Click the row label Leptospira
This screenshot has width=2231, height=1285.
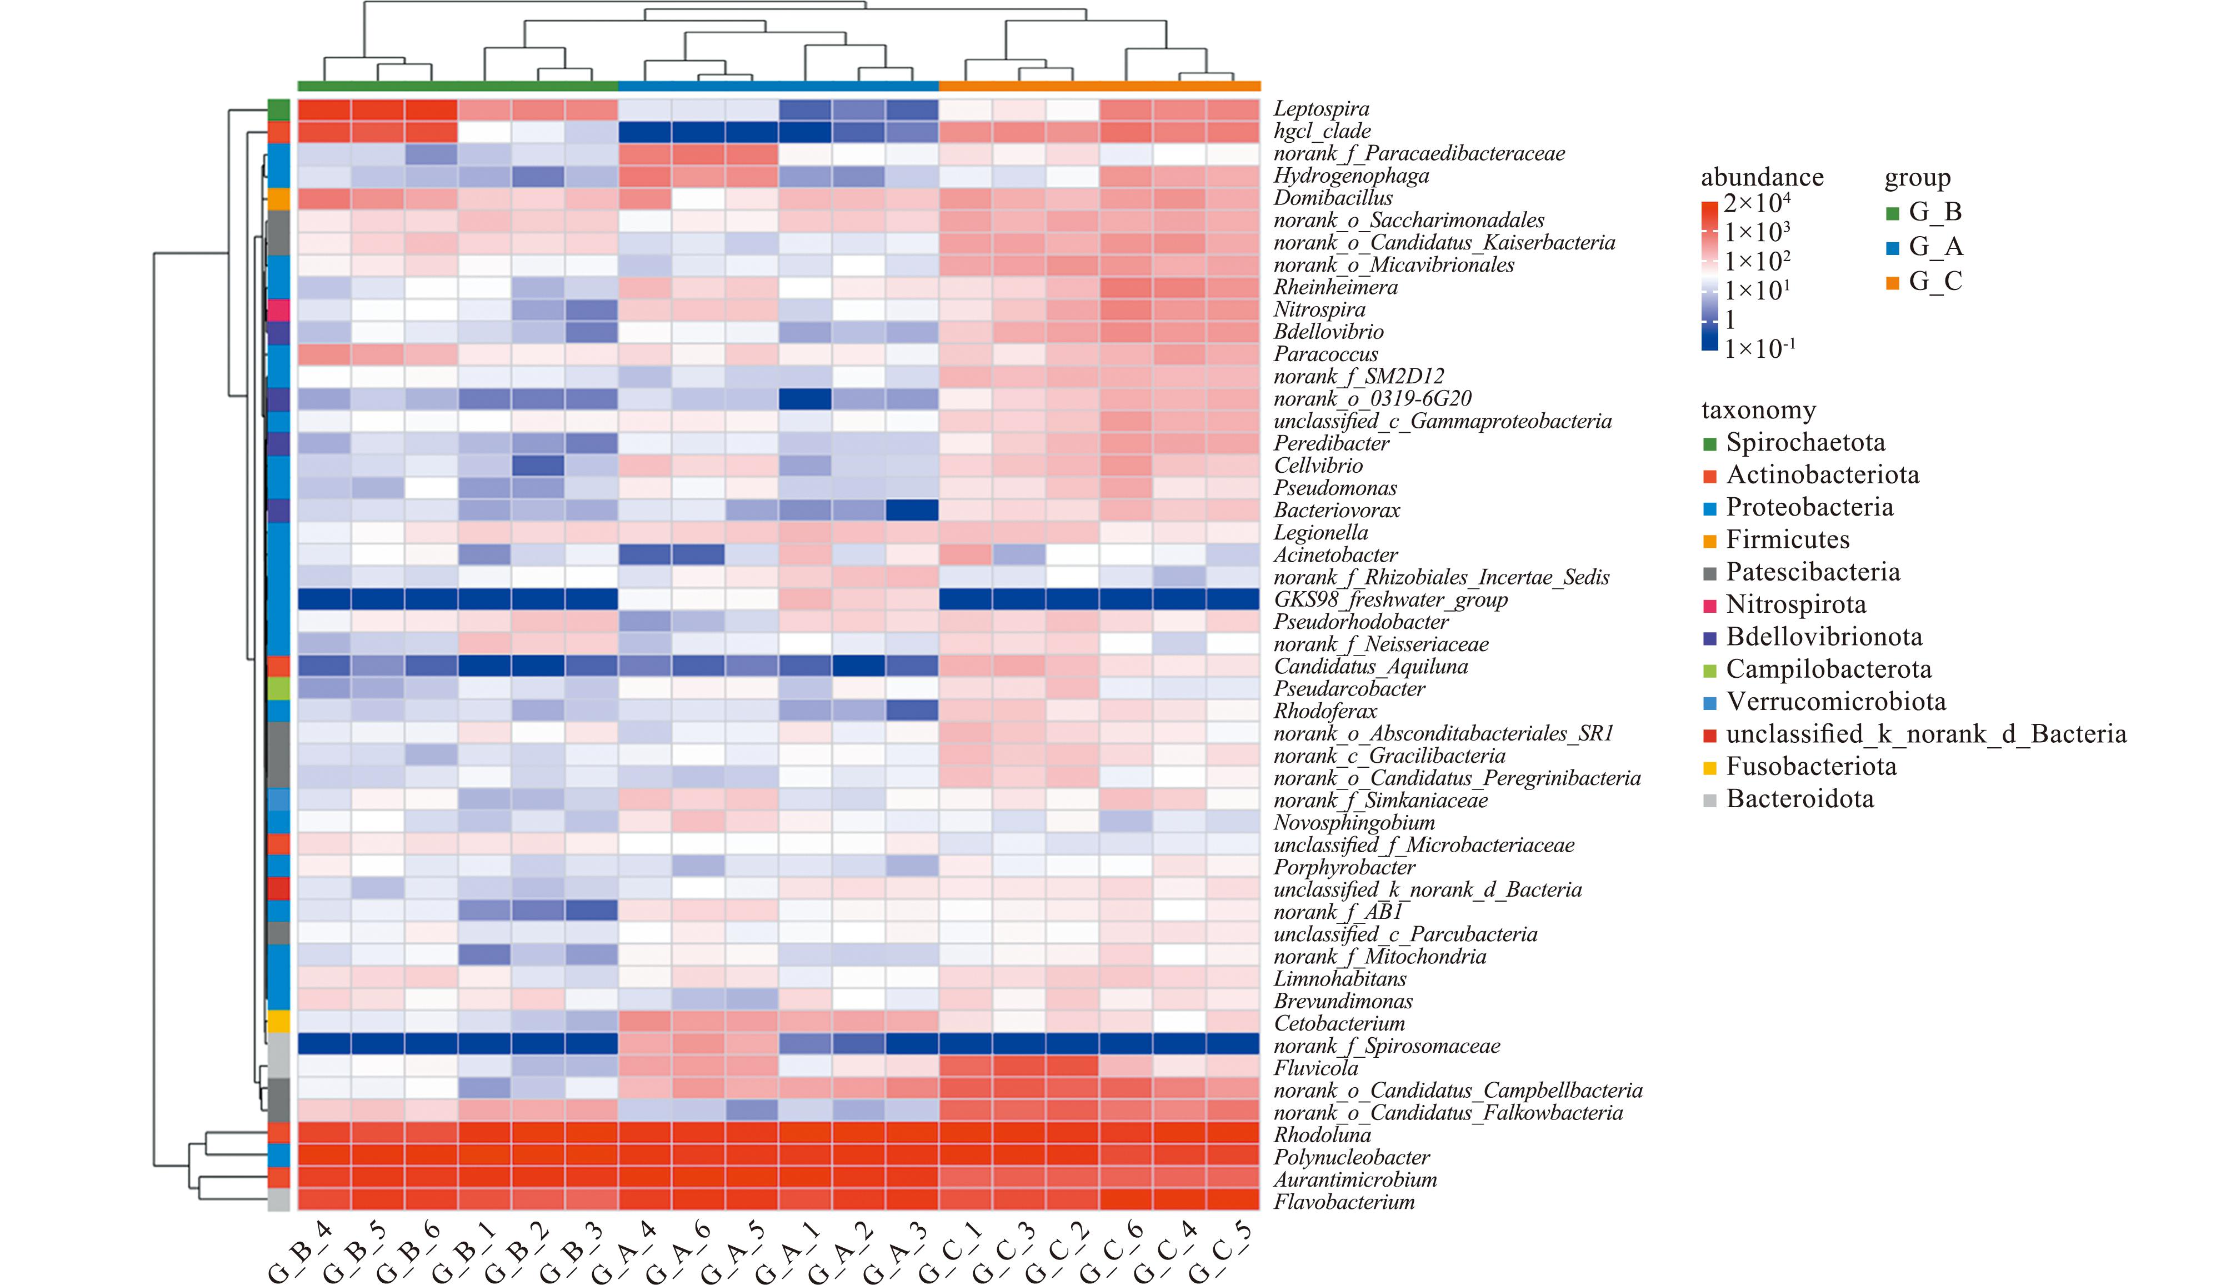[x=1321, y=108]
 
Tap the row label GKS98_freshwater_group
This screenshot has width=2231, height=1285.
[x=1390, y=600]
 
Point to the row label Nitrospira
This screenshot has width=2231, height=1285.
[x=1319, y=310]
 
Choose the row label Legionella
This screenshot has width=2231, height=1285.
[x=1320, y=533]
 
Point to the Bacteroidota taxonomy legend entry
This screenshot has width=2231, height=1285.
[x=1799, y=799]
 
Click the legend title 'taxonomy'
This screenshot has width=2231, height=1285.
[x=1758, y=411]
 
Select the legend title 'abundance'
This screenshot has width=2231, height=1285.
[x=1762, y=177]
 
